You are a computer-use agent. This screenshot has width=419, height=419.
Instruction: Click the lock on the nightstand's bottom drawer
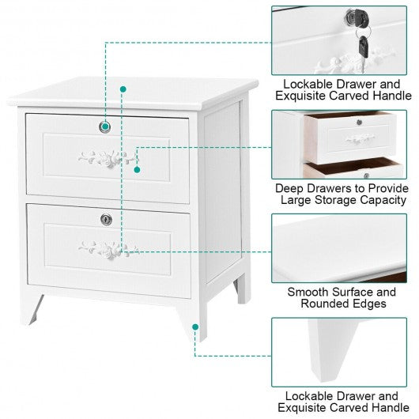coord(106,220)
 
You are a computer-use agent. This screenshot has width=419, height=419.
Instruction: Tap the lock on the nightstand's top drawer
coord(104,127)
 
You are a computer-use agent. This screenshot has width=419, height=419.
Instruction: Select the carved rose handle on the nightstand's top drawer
coord(108,159)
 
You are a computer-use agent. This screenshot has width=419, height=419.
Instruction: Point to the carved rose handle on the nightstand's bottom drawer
coord(108,250)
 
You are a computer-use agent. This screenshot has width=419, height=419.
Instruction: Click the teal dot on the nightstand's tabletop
coord(123,89)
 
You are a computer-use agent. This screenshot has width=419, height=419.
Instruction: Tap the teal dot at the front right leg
coord(195,327)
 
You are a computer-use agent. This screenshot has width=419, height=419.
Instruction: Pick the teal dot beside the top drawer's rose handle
coord(137,170)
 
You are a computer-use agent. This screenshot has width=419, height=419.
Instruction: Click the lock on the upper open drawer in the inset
coord(360,123)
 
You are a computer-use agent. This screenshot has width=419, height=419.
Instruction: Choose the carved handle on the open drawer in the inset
coord(360,139)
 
